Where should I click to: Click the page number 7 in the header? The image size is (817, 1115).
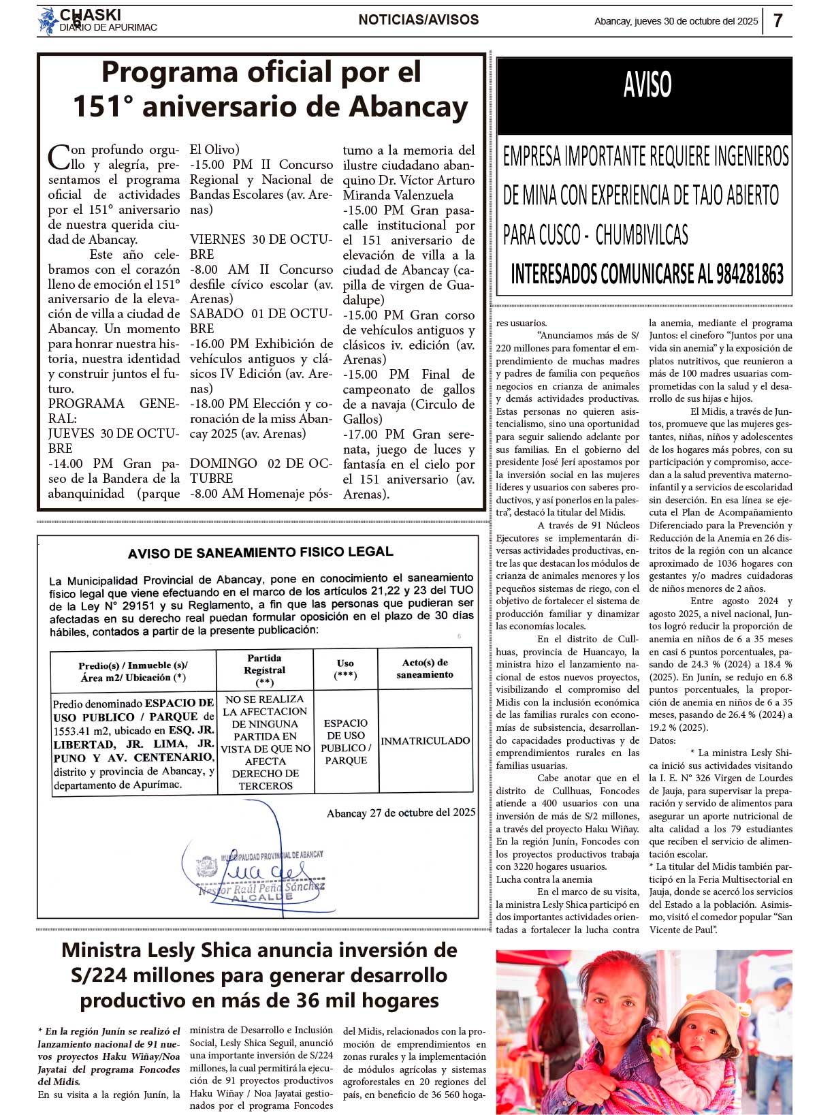778,20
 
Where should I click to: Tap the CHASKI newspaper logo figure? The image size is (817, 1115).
48,21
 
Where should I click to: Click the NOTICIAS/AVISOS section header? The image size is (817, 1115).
418,20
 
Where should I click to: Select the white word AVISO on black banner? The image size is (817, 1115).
647,85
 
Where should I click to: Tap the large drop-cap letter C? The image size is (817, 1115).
59,156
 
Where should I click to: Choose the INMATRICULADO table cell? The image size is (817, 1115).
425,740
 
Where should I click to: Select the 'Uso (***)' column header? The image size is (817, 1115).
345,669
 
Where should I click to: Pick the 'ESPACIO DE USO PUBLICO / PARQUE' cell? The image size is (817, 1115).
345,741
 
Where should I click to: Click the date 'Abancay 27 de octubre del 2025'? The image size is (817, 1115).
400,813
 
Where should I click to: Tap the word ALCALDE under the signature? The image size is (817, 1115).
261,898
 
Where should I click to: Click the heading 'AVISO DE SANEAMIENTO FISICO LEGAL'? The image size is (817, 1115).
261,552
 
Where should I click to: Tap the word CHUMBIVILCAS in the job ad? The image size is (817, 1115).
641,235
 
